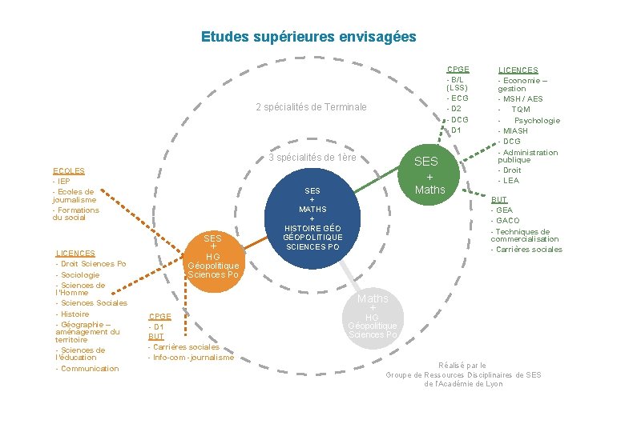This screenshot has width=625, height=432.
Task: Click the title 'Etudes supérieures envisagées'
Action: coord(308,37)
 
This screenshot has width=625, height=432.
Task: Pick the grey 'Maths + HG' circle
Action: coord(373,315)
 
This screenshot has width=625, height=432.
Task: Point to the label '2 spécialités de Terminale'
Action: coord(311,107)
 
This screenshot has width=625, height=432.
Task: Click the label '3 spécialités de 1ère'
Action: coord(312,158)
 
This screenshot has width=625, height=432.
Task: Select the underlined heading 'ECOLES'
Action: coord(69,170)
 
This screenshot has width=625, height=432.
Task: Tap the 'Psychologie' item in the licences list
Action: coord(537,120)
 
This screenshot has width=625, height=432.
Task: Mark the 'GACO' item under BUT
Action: coord(507,220)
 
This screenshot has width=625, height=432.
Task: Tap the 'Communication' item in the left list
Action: coord(88,369)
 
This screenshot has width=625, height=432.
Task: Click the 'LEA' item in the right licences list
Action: coord(510,181)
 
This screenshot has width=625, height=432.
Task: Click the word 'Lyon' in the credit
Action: coord(494,384)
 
